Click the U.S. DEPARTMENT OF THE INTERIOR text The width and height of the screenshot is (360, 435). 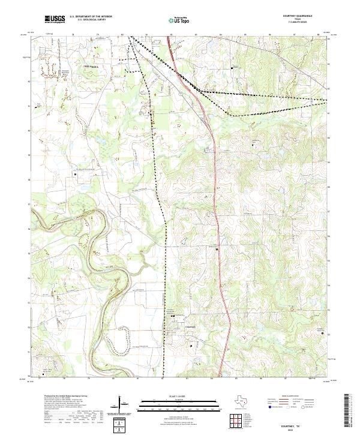pyautogui.click(x=91, y=16)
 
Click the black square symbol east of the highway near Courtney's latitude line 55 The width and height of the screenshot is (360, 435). pyautogui.click(x=217, y=247)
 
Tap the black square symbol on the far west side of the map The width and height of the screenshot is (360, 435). pyautogui.click(x=75, y=174)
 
